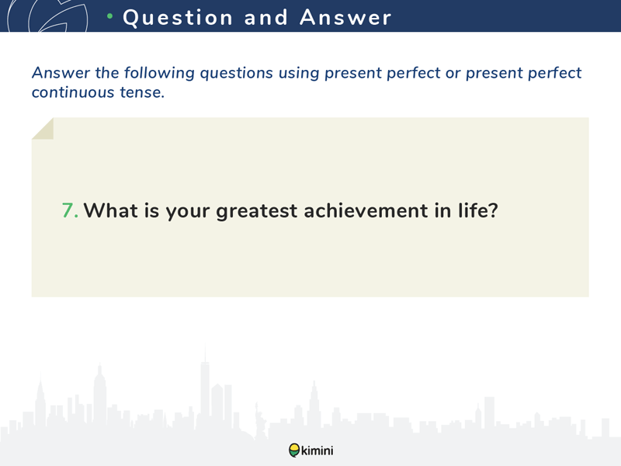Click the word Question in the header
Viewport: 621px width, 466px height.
178,18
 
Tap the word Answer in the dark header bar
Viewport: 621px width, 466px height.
345,17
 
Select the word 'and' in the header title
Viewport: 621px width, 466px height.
265,17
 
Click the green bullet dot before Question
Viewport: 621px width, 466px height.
110,16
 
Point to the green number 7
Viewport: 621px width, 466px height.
70,210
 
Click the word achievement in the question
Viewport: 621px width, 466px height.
366,210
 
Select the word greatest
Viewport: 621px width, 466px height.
256,211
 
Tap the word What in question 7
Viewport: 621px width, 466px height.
110,210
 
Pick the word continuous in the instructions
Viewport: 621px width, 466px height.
73,92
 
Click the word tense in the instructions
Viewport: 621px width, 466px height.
142,92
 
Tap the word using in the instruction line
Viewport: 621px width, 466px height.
299,74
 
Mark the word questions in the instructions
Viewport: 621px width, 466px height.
237,74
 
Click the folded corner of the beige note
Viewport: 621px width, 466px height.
43,128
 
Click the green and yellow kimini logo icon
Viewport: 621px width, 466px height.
294,450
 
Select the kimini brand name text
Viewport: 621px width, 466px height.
317,450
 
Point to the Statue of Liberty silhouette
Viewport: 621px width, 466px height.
260,420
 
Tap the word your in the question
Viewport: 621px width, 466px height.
187,211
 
